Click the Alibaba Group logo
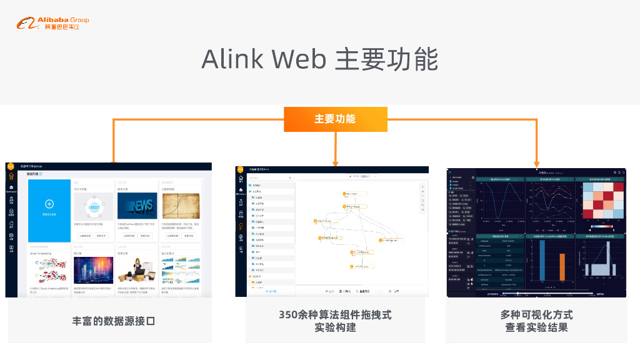(x=52, y=24)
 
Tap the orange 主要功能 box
(x=335, y=119)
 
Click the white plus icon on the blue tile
(x=49, y=204)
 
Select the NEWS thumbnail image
(x=135, y=206)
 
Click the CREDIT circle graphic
(x=93, y=206)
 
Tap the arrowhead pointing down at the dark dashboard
(x=537, y=163)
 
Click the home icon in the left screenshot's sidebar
(x=10, y=176)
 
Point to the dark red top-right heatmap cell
(x=618, y=187)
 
